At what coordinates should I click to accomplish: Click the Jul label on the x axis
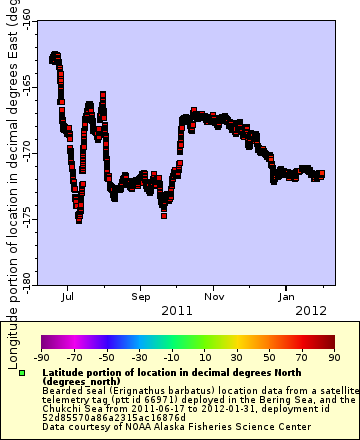67,296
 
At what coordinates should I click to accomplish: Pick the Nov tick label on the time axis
214,296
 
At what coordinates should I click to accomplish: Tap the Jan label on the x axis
287,296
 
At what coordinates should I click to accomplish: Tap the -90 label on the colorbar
41,356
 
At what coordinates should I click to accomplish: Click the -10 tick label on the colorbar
172,356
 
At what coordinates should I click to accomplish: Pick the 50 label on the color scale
269,356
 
